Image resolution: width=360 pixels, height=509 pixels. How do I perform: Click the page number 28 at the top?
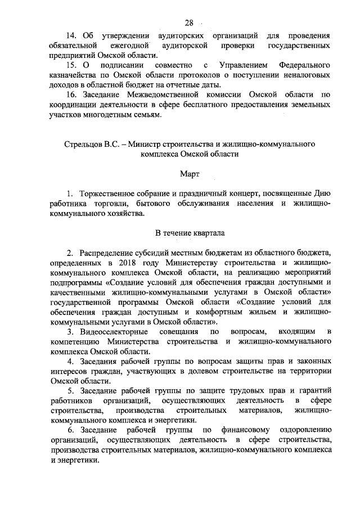(x=188, y=23)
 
